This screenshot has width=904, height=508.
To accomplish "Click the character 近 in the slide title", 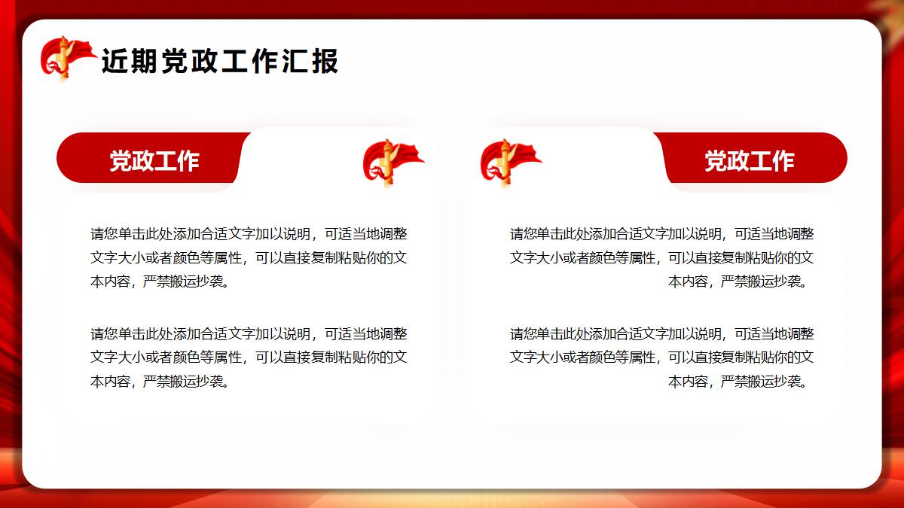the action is coord(115,61).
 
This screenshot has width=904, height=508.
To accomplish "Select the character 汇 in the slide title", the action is coord(295,61).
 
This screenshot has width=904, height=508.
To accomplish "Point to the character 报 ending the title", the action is coord(325,61).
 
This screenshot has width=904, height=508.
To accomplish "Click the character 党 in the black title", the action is coord(175,61).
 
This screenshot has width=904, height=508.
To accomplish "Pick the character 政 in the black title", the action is coord(205,61).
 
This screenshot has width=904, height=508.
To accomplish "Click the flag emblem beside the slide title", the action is coord(68,59).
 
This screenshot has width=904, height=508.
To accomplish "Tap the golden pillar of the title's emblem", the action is coord(64,59).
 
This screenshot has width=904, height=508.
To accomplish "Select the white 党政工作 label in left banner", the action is coord(154,161).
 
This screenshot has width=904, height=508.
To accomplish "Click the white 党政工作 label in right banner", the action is coord(750,161).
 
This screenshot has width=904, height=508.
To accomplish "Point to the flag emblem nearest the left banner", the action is coord(392,163).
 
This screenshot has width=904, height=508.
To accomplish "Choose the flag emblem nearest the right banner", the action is coord(510,163).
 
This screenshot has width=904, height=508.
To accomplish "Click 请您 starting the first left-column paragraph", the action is coord(104,234).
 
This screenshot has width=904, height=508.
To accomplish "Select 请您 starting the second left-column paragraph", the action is coord(104,334).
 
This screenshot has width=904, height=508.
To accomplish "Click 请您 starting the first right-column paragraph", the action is coord(524,234).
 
